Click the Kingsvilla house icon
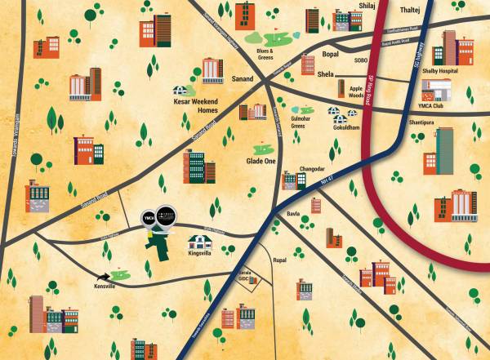click(x=198, y=242)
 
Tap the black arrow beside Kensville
click(x=105, y=278)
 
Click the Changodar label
click(x=314, y=168)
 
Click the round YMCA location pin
click(x=147, y=218)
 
